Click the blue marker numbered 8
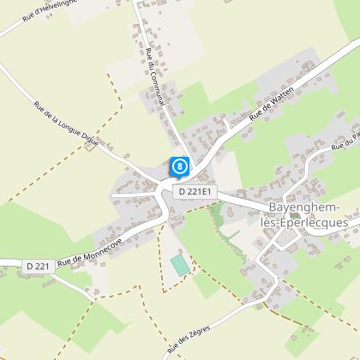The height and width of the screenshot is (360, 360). [178, 166]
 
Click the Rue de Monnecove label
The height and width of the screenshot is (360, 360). [92, 249]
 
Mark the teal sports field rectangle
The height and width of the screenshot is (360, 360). [179, 264]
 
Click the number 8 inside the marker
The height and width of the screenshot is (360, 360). [178, 164]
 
